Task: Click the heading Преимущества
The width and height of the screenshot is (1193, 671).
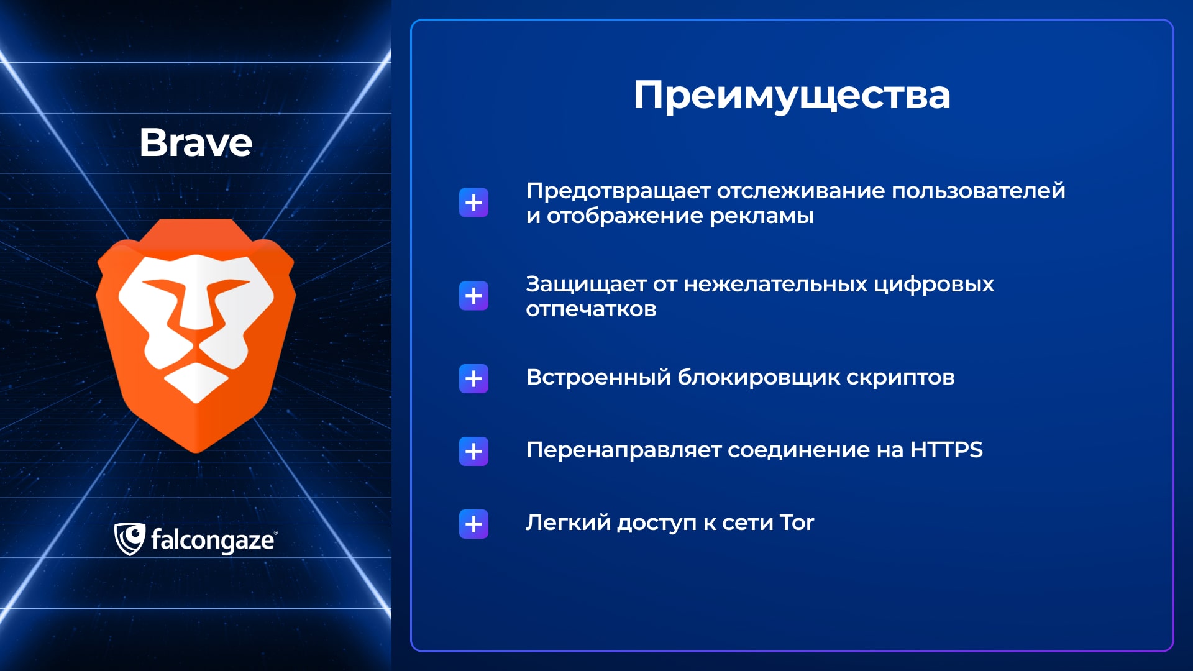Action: click(x=792, y=96)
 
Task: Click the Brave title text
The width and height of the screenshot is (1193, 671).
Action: click(x=196, y=142)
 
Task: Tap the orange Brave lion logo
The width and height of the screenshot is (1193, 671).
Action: click(x=196, y=335)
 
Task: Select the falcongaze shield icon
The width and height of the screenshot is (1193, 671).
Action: click(x=129, y=539)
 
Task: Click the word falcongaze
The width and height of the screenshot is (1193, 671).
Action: click(x=213, y=541)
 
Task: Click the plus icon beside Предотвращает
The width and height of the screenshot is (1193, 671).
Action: click(x=473, y=203)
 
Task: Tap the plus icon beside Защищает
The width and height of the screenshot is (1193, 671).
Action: click(x=473, y=296)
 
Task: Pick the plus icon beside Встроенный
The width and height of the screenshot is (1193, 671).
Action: click(x=473, y=378)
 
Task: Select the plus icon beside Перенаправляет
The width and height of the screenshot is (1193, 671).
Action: click(x=473, y=451)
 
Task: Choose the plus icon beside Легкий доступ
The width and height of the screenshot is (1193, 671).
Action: click(x=473, y=524)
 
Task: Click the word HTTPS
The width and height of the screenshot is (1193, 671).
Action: click(x=946, y=450)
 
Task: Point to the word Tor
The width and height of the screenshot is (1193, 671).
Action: click(x=797, y=523)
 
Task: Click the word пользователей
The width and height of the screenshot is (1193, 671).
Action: click(x=979, y=191)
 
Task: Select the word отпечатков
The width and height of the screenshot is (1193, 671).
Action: click(x=591, y=309)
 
